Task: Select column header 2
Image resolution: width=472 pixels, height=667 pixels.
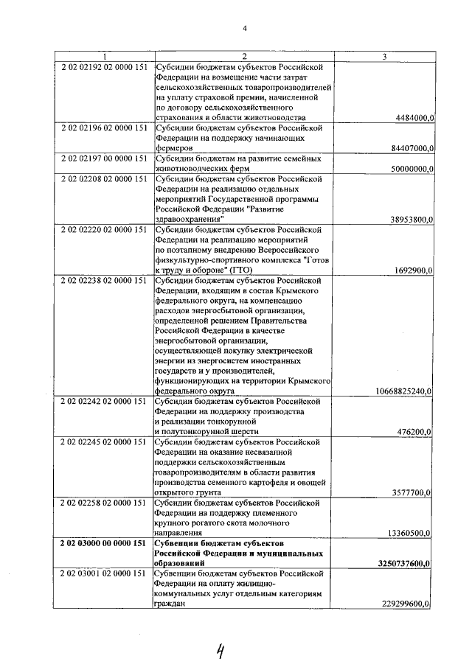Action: [x=243, y=57]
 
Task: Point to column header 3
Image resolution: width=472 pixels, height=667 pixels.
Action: [x=384, y=57]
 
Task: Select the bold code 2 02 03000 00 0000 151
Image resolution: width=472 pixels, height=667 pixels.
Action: [x=104, y=543]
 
